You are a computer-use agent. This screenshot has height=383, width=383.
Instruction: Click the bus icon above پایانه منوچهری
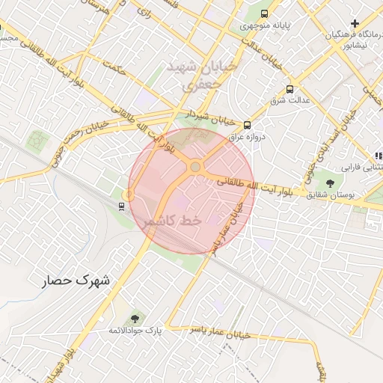(x=263, y=13)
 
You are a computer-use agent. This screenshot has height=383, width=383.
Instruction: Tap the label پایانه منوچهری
(x=264, y=26)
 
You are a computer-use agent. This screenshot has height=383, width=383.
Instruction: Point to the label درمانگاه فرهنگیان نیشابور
(x=351, y=39)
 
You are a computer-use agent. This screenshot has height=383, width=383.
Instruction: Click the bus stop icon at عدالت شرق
(x=289, y=89)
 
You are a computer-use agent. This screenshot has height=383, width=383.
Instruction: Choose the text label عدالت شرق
(x=289, y=100)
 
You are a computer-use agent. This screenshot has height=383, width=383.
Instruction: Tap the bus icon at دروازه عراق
(x=247, y=126)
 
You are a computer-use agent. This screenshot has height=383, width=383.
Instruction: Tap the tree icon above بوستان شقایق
(x=329, y=183)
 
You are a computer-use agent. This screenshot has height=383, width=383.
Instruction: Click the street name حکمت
(x=114, y=70)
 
